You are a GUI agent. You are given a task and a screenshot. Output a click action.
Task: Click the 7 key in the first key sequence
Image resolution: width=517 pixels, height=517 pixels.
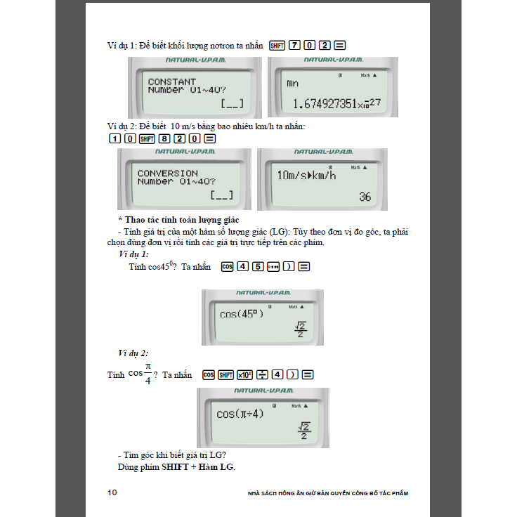[x=294, y=46]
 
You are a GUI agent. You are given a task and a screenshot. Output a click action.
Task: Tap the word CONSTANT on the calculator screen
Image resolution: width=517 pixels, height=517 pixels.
[x=172, y=82]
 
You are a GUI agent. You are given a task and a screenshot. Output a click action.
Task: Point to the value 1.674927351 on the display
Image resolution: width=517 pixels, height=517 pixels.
[x=327, y=105]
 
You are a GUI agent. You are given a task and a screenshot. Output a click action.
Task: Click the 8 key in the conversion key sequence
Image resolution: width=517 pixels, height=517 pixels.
[x=162, y=138]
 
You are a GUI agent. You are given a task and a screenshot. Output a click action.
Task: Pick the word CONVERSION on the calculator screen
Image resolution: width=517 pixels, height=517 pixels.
[x=168, y=173]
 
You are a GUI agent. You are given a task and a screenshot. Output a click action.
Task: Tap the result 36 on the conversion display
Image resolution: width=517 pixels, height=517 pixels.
[x=365, y=197]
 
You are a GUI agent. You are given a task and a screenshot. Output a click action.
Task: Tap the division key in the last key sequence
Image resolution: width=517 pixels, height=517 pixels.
[x=262, y=375]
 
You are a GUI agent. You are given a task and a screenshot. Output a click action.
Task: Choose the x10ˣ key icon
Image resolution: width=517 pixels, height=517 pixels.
[x=244, y=375]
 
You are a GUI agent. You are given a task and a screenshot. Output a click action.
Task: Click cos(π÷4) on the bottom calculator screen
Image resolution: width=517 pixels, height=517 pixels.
[x=240, y=414]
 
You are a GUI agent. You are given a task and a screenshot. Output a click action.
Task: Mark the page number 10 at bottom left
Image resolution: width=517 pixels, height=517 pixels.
[x=112, y=492]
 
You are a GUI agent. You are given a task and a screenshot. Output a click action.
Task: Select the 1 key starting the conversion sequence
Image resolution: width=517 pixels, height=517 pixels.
[x=114, y=138]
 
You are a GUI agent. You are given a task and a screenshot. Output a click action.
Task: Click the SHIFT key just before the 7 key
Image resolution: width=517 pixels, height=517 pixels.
[x=277, y=46]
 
